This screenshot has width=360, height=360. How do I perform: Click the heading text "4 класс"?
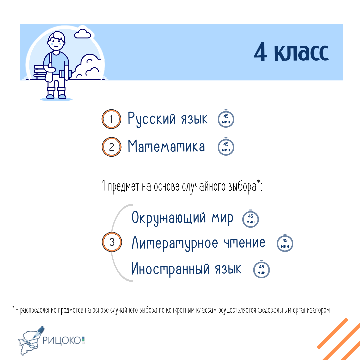click(291, 52)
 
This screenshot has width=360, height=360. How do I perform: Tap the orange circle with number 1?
click(111, 119)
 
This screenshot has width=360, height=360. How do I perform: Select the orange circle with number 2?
click(111, 147)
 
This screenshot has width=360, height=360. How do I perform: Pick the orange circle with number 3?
click(112, 242)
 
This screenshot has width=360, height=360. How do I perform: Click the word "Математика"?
click(166, 146)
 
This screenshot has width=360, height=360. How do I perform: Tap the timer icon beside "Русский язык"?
click(226, 119)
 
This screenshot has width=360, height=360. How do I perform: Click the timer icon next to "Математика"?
click(226, 147)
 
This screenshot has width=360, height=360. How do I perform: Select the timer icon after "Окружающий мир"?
click(250, 219)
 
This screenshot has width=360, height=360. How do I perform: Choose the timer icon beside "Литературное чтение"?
click(285, 243)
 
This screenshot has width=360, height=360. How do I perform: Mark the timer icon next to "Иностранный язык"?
click(262, 269)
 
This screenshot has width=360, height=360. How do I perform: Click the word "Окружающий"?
click(169, 218)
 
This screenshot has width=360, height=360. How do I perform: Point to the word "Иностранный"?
click(170, 269)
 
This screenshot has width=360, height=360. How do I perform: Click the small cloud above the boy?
click(82, 34)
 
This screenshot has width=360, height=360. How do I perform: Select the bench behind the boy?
click(39, 72)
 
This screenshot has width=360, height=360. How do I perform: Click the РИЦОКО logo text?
click(62, 340)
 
